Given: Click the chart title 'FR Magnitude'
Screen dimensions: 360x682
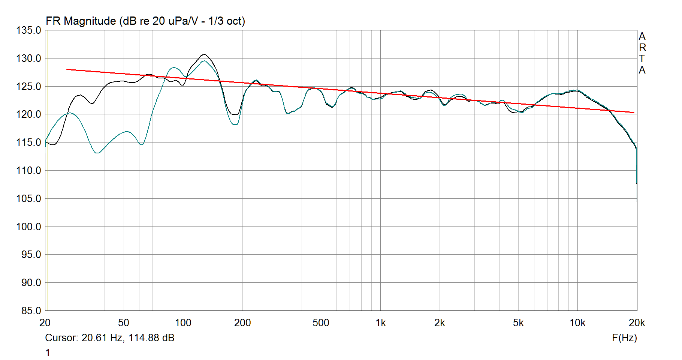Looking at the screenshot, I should [x=81, y=21].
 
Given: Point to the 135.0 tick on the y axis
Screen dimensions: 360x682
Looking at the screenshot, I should [x=28, y=30].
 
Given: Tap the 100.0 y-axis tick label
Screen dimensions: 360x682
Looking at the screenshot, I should [x=28, y=227].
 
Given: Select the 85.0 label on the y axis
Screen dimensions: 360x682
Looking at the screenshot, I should [x=28, y=311].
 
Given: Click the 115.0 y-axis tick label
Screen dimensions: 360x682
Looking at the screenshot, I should [x=28, y=142].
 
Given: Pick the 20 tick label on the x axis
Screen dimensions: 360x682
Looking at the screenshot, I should [x=45, y=323].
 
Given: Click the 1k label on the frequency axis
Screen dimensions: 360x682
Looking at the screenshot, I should [x=380, y=323].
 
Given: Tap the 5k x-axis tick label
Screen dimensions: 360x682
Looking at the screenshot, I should [x=518, y=323].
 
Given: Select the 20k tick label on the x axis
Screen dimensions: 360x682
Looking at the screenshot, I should [x=637, y=323].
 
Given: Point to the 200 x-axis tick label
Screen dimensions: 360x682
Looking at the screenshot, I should [x=242, y=323].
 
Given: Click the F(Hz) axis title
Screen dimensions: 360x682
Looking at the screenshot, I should [x=624, y=338].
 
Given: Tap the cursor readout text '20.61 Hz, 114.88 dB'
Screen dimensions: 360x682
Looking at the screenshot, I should [x=128, y=338].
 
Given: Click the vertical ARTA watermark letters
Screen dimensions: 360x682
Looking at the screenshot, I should [x=642, y=53].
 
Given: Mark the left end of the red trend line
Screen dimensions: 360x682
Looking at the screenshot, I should [x=67, y=69].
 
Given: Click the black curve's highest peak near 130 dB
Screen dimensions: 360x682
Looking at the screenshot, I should [x=204, y=54].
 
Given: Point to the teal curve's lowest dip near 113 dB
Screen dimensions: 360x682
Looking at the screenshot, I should [x=97, y=153].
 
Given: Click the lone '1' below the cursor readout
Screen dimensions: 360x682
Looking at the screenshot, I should [x=48, y=353].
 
